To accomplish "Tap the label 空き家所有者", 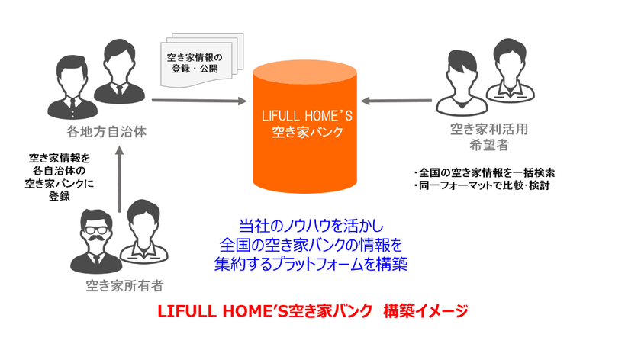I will tap(124, 286).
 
